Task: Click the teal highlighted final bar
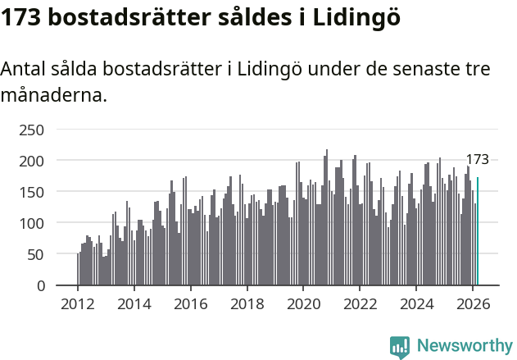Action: coord(478,231)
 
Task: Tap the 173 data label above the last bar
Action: coord(478,160)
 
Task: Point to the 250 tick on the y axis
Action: coord(31,130)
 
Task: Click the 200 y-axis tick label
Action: coord(31,161)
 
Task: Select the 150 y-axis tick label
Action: coord(31,192)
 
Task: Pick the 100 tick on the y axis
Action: coord(31,223)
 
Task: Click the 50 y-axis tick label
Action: coord(35,254)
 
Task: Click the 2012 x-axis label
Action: coord(78,303)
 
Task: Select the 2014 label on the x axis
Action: coord(134,303)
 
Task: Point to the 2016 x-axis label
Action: coord(191,303)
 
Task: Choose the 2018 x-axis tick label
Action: coord(247,303)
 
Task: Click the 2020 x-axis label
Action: coord(303,303)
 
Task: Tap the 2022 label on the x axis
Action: coord(360,303)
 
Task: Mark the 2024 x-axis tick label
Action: coord(416,303)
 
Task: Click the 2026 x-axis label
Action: coord(473,303)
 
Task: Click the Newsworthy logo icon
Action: coord(400,347)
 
